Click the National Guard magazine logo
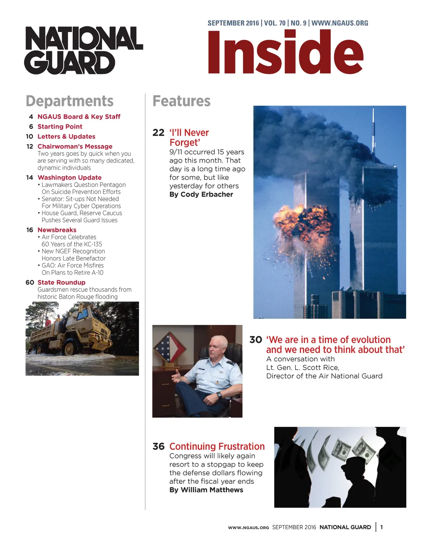pos(84,50)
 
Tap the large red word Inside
pos(285,53)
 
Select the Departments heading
pos(69,101)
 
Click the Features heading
pos(181,101)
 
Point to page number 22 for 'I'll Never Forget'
pos(158,133)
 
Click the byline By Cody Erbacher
pos(201,194)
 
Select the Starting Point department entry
pos(60,127)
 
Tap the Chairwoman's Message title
pos(75,146)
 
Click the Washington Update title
pos(69,177)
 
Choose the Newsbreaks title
pos(57,230)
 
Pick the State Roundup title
pos(61,283)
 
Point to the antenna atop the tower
pos(373,131)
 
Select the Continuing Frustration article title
pos(217,447)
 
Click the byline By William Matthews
pos(206,490)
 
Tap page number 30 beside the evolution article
pos(255,340)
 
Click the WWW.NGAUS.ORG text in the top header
pos(340,23)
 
